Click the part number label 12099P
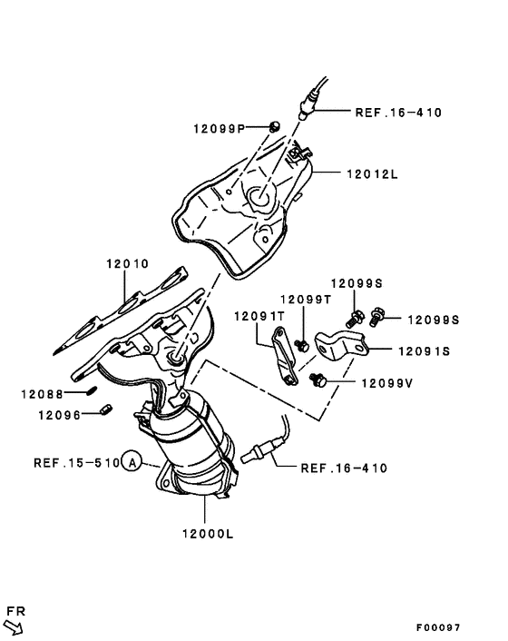[x=219, y=129]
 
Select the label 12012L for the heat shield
[x=371, y=173]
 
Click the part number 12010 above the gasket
[x=126, y=264]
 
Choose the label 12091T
[x=260, y=316]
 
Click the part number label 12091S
[x=422, y=349]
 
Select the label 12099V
[x=386, y=382]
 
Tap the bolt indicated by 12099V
[x=318, y=380]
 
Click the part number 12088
[x=43, y=393]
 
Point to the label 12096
[x=59, y=415]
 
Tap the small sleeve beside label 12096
[x=104, y=412]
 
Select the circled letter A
[x=132, y=462]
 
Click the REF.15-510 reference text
[x=76, y=462]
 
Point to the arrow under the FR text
[x=15, y=626]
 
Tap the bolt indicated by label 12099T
[x=300, y=343]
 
